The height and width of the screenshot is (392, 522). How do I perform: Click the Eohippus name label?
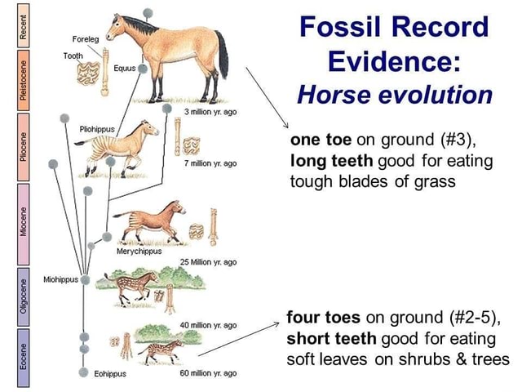pos(110,373)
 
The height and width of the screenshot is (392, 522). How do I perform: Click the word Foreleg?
pos(86,38)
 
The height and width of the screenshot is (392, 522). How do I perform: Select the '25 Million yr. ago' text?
pos(210,262)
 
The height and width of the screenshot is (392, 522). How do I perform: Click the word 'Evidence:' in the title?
pos(394,62)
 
